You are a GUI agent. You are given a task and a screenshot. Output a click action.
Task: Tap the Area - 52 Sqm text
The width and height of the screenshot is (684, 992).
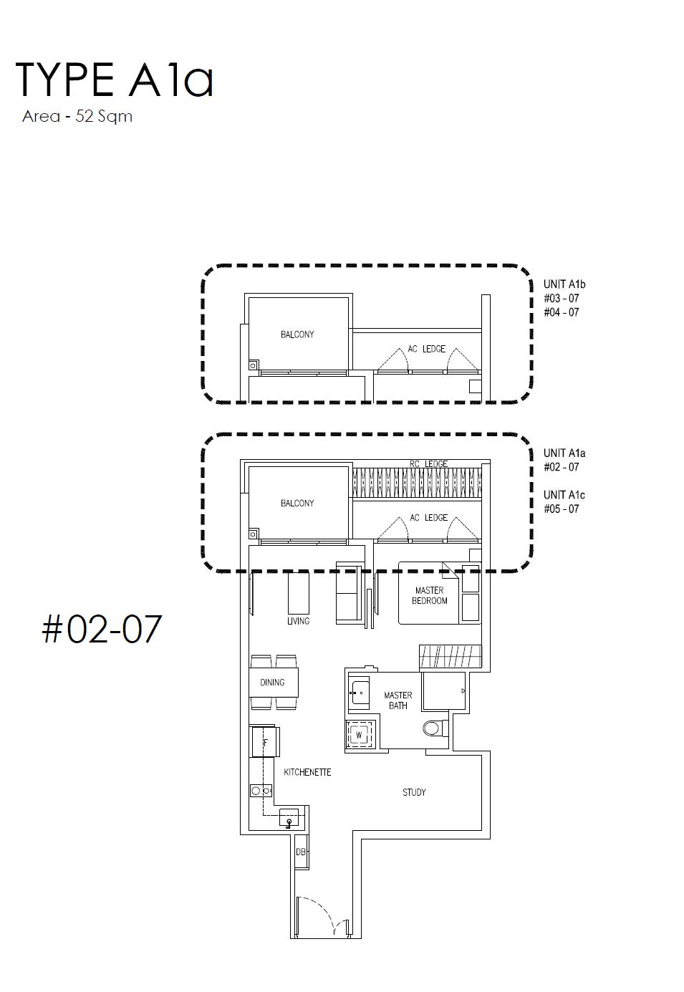[x=77, y=117]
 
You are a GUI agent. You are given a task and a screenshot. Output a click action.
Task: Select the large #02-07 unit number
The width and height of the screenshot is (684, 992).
[x=102, y=630]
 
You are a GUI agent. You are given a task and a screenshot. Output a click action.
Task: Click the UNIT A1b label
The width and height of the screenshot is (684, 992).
[x=564, y=284]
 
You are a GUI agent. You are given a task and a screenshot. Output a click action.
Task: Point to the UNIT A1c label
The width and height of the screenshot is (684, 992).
[x=564, y=495]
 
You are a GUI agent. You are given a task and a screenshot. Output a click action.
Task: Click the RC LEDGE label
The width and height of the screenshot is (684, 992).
[x=428, y=463]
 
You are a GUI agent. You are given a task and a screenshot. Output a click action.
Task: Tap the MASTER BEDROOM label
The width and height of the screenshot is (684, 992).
[x=430, y=595]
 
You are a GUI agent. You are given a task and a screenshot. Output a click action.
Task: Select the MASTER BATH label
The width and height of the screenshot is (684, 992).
[x=398, y=700]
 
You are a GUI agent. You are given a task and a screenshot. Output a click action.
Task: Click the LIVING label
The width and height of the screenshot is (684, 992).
[x=299, y=621]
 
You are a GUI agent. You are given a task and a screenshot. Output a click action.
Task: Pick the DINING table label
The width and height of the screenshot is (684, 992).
[x=272, y=683]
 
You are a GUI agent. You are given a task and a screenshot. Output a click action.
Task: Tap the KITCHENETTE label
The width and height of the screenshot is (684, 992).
[x=307, y=772]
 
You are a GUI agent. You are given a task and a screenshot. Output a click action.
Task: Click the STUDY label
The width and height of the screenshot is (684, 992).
[x=414, y=792]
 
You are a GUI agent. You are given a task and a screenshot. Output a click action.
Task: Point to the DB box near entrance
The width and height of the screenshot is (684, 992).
[x=302, y=852]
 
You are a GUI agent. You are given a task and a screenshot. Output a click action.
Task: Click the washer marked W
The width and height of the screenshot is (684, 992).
[x=360, y=736]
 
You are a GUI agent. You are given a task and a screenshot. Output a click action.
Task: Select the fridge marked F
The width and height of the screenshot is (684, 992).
[x=266, y=743]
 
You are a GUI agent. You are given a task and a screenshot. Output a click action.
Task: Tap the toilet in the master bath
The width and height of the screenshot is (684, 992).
[x=435, y=728]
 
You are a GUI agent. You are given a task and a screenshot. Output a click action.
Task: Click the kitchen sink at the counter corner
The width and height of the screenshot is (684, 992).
[x=289, y=817]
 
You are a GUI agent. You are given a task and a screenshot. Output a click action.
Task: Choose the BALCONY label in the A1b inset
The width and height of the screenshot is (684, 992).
[x=297, y=334]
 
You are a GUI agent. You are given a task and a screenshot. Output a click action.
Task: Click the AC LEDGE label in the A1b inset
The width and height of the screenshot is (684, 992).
[x=426, y=349]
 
